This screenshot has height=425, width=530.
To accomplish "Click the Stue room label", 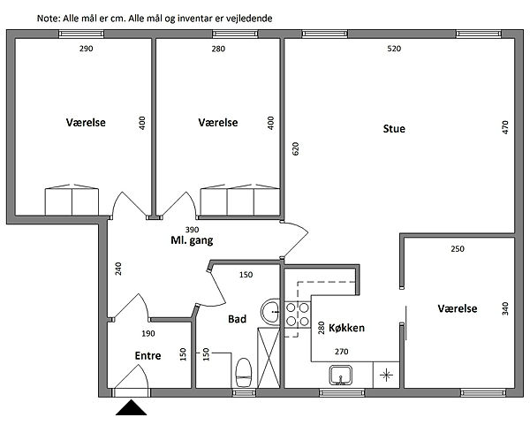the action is [x=394, y=129].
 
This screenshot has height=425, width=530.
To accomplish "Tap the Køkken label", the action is [x=346, y=328].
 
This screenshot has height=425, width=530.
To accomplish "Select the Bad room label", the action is [x=237, y=319].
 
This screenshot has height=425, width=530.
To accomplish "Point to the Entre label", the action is [x=148, y=356].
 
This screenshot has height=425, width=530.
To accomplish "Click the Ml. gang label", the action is [x=192, y=240].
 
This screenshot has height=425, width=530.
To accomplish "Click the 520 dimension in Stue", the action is [x=394, y=49].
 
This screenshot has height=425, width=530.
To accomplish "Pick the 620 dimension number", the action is [x=295, y=148].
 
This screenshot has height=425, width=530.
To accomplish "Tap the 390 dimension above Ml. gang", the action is [x=192, y=230].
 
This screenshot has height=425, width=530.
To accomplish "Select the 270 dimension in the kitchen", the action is [x=341, y=352].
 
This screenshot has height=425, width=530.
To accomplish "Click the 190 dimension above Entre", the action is [x=148, y=334].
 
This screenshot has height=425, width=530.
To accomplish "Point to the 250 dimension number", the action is [x=458, y=249].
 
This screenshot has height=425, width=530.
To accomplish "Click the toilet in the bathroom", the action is [x=244, y=373].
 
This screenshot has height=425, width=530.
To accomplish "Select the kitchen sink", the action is [x=341, y=376].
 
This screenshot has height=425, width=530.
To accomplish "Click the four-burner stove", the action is [x=298, y=314].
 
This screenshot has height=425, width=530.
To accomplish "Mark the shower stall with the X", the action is [x=269, y=358].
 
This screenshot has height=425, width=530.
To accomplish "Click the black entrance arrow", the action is [x=131, y=407].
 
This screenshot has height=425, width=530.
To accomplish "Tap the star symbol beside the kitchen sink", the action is [x=386, y=375].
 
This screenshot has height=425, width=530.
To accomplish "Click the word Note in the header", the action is [x=49, y=19].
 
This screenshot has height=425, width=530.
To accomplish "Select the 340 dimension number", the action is [x=505, y=308].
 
